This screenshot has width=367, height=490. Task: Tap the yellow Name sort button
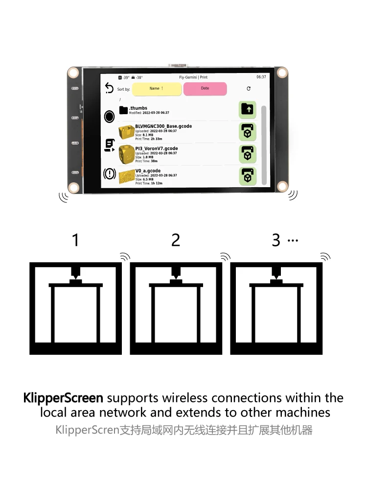coord(156,89)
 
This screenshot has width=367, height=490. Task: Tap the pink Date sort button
coord(205,89)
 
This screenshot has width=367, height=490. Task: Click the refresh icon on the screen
coord(249,89)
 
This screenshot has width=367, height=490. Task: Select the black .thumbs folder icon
coord(123,110)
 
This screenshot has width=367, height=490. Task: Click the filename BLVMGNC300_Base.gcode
coord(163,126)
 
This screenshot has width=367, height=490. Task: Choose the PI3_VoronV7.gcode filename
coord(156,148)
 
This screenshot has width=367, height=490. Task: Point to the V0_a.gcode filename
coord(148,171)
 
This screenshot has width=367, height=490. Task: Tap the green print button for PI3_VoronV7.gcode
coord(248,153)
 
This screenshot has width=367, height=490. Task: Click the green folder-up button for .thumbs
coord(248,109)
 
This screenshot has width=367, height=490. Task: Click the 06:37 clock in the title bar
coord(261,77)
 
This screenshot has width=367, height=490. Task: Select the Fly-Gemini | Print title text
coord(193,77)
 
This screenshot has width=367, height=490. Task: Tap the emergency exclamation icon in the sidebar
coord(110,173)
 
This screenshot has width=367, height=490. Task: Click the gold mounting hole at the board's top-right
coord(282,73)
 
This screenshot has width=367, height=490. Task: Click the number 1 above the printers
coord(75,240)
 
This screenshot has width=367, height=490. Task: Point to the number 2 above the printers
coord(176,240)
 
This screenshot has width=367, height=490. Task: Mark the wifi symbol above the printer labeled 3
coord(325,256)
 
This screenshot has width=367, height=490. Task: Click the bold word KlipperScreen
coord(63,397)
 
